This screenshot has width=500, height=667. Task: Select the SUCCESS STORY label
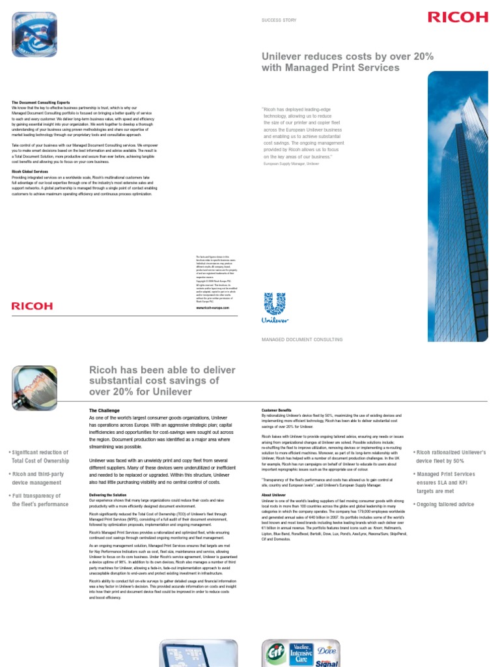click(x=279, y=21)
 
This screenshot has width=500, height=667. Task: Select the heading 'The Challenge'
click(x=105, y=410)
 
